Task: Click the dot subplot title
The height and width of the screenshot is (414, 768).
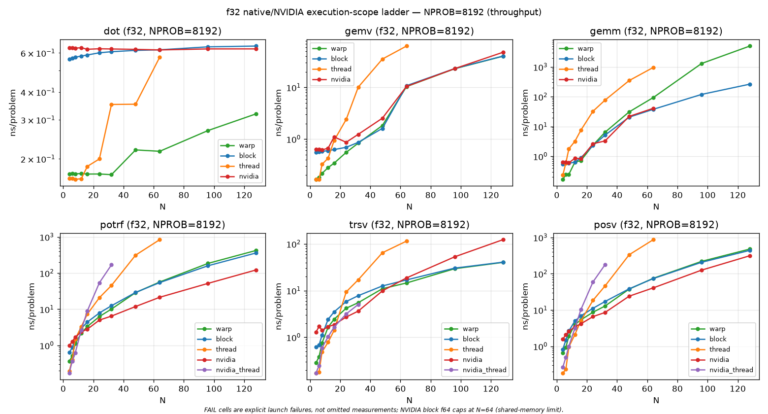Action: tap(162, 31)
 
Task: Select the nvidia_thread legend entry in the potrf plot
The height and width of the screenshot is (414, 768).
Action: tap(228, 370)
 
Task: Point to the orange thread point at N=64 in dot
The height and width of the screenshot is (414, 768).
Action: tap(160, 57)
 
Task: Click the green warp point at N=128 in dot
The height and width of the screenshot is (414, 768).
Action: tap(256, 114)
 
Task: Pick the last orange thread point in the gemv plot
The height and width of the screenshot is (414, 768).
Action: tap(407, 46)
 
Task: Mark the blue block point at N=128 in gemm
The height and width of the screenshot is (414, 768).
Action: tap(750, 84)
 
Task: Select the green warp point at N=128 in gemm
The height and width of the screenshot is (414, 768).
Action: tap(750, 46)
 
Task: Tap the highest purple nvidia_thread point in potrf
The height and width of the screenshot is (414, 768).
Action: tap(111, 265)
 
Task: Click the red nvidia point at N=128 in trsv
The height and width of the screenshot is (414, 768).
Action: tap(503, 240)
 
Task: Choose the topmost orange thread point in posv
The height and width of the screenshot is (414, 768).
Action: tap(653, 240)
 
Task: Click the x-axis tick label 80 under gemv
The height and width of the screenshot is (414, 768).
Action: tap(430, 195)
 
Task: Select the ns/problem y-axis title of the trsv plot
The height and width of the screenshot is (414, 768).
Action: tap(279, 306)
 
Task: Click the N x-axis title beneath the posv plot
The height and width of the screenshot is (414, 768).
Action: tap(656, 400)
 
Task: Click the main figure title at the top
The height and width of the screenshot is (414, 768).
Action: tap(384, 12)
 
